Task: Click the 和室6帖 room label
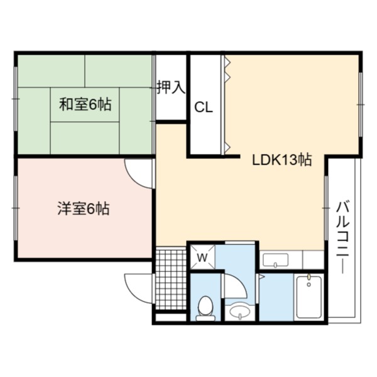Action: click(85, 104)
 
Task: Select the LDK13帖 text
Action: click(282, 160)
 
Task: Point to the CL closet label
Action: click(204, 107)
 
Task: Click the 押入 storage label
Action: click(171, 87)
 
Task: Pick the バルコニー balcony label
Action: click(342, 238)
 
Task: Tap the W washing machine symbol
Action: click(202, 257)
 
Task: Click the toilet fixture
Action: click(205, 308)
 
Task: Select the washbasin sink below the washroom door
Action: click(240, 312)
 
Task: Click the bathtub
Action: click(309, 297)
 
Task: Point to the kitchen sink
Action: click(275, 260)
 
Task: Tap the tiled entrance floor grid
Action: click(171, 278)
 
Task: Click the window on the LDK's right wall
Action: click(361, 104)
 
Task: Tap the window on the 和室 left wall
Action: click(16, 99)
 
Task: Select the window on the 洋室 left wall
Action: click(16, 208)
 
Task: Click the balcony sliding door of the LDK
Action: click(326, 208)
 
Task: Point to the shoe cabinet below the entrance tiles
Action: click(171, 317)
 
